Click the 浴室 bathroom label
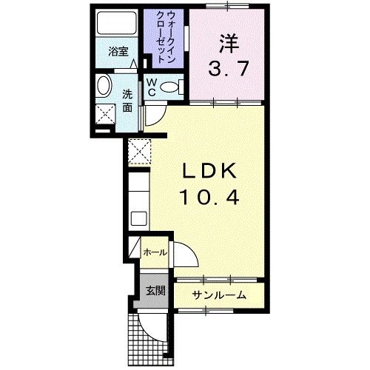(118, 52)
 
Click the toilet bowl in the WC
(172, 87)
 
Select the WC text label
(151, 87)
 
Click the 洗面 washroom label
(127, 101)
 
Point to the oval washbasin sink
(104, 86)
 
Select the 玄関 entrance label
(153, 289)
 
